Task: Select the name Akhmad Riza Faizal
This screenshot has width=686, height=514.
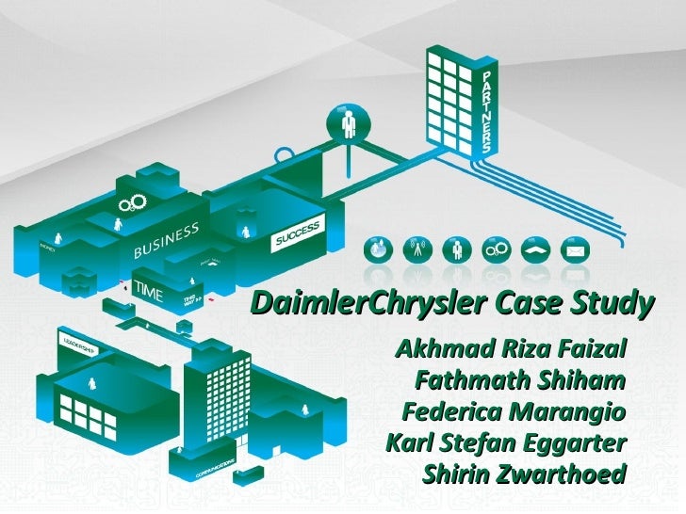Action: [513, 351]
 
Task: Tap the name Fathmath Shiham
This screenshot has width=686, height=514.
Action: [520, 382]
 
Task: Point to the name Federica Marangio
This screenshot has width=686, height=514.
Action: [514, 412]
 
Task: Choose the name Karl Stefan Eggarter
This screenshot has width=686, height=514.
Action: [506, 442]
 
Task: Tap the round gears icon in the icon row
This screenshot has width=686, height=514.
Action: [494, 249]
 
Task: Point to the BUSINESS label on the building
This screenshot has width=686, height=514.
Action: [165, 240]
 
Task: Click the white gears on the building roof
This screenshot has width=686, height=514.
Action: [129, 204]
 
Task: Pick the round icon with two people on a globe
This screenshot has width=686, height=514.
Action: [375, 249]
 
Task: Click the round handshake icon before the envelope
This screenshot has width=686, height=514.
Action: [532, 249]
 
